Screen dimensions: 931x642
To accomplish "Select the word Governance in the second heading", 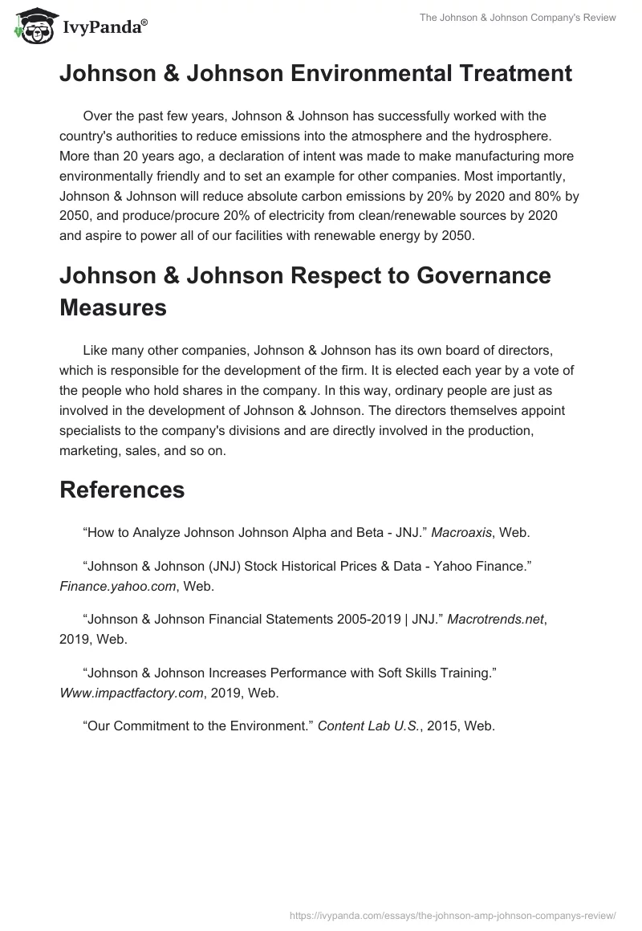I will pyautogui.click(x=468, y=275).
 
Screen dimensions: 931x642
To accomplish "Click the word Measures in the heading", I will pyautogui.click(x=113, y=307).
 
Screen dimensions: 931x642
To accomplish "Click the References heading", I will pyautogui.click(x=122, y=490).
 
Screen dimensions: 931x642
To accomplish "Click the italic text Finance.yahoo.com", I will pyautogui.click(x=118, y=587).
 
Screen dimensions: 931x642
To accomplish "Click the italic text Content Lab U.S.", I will pyautogui.click(x=376, y=726).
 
